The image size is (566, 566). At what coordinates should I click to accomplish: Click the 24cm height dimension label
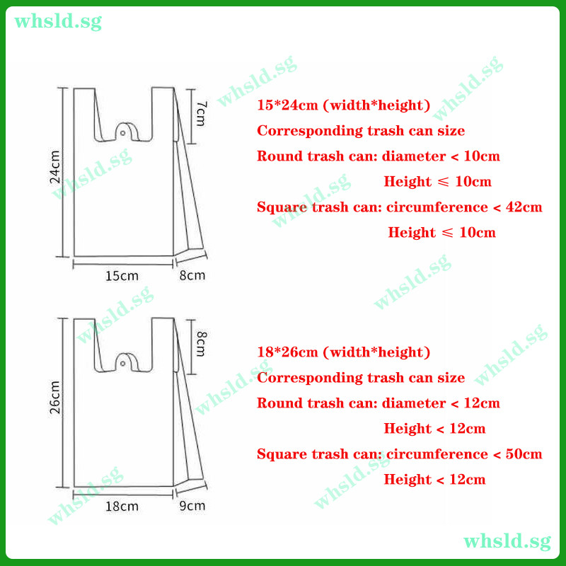(x=55, y=167)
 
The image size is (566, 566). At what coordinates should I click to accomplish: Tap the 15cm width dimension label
(x=122, y=276)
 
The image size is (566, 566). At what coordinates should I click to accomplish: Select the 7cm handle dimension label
(x=201, y=113)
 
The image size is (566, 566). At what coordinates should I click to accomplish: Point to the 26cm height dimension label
(x=55, y=397)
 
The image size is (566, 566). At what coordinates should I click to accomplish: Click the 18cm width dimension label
(x=122, y=507)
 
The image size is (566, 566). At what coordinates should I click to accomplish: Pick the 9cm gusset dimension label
(x=192, y=506)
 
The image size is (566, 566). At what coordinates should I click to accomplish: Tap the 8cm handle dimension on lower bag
(x=201, y=344)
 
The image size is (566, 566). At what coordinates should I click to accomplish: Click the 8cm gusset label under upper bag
(x=192, y=275)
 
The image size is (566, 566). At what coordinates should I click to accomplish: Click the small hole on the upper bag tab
(x=122, y=133)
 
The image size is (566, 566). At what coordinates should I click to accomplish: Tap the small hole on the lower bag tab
(x=122, y=363)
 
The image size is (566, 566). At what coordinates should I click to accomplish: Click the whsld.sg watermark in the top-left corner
(x=58, y=22)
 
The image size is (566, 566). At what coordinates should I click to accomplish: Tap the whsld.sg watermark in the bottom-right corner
(x=507, y=542)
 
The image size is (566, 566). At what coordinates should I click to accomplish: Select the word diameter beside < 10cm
(x=414, y=156)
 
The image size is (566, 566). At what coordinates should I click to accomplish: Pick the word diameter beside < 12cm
(x=414, y=403)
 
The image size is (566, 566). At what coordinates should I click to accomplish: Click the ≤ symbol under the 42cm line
(x=447, y=233)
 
